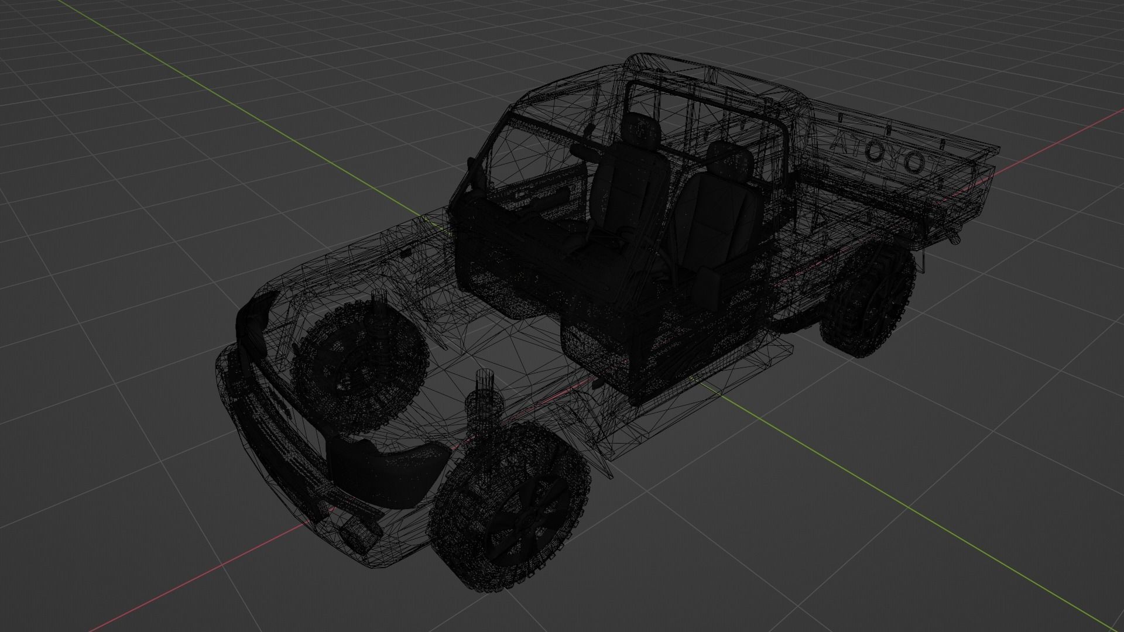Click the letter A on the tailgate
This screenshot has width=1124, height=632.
coord(841,143)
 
